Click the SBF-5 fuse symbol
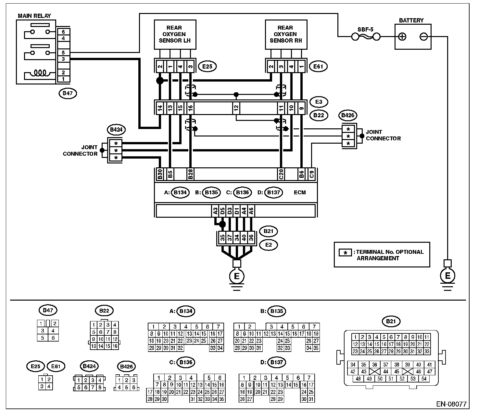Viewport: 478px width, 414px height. (366, 37)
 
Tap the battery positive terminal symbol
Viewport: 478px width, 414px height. (402, 37)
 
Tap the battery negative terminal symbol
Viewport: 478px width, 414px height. (423, 37)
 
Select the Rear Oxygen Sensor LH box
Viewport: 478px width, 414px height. (175, 34)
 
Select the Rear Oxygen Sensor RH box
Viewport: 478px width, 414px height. (286, 34)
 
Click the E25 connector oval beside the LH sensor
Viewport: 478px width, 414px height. (207, 67)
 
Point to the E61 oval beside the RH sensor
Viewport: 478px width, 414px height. (318, 67)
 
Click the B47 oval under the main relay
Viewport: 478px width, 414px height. (68, 93)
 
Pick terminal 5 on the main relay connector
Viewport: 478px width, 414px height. (63, 53)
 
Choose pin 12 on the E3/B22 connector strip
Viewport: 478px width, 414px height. (236, 108)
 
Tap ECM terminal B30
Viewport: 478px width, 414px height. (160, 174)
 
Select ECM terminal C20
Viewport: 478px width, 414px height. (281, 174)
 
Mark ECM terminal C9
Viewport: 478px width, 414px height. (311, 174)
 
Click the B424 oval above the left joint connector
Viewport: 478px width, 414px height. (116, 130)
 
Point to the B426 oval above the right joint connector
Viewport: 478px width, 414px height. (348, 115)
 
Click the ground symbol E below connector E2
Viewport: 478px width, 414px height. (237, 276)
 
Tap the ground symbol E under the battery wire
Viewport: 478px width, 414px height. (448, 276)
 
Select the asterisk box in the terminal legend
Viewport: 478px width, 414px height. (345, 252)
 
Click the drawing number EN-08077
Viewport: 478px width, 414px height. (451, 404)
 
